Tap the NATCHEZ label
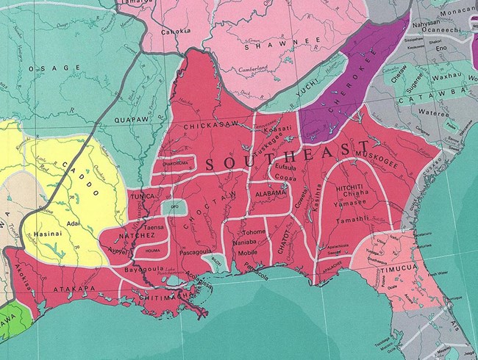118,239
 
